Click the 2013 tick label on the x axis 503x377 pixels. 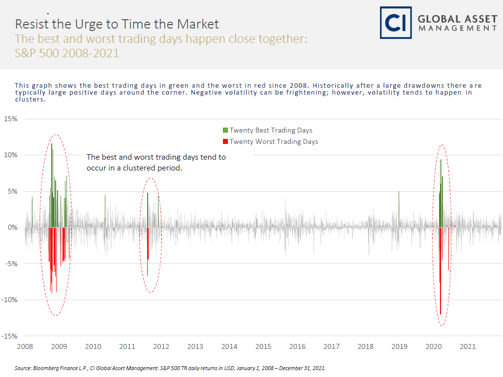195,346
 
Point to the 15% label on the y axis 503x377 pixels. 11,119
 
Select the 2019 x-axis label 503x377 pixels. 399,346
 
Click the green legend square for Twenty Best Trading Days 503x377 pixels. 225,130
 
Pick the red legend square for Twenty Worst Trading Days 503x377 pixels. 225,142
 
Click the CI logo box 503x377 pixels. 395,23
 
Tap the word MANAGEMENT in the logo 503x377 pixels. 458,29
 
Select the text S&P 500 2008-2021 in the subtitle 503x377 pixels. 67,53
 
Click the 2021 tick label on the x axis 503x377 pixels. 468,346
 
